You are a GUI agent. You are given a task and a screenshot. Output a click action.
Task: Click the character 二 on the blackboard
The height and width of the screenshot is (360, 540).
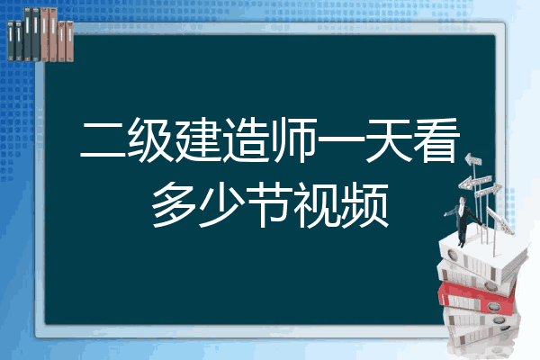[103, 139]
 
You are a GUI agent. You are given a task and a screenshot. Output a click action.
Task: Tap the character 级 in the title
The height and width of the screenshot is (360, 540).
[150, 140]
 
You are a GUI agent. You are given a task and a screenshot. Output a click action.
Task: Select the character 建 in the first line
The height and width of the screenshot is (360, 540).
[198, 140]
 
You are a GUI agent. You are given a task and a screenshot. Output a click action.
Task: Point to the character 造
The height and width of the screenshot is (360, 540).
[246, 140]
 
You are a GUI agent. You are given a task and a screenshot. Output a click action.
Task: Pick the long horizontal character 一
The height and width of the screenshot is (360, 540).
[341, 139]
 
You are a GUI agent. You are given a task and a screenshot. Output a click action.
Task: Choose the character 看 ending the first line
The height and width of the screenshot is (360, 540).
[436, 140]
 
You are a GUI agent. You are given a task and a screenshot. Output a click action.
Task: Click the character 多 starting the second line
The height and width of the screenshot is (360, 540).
[175, 205]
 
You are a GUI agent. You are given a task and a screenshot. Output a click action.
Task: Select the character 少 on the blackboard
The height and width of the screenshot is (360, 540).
[222, 205]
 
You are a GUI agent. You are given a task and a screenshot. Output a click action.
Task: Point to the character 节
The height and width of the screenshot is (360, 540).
[270, 205]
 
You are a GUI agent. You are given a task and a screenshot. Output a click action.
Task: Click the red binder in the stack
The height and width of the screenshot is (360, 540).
[476, 298]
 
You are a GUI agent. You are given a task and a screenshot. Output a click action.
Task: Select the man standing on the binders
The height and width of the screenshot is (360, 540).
[463, 221]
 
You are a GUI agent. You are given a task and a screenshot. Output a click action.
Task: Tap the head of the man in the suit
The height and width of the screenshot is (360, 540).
[463, 200]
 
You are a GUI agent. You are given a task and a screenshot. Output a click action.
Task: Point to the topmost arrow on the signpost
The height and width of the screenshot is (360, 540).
[473, 160]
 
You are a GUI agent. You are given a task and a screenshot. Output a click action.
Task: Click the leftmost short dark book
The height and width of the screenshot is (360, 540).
[11, 41]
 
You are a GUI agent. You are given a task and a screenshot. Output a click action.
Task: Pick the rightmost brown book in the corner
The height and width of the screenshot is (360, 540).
[69, 41]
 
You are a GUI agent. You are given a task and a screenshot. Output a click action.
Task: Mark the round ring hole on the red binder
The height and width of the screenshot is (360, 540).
[493, 306]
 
